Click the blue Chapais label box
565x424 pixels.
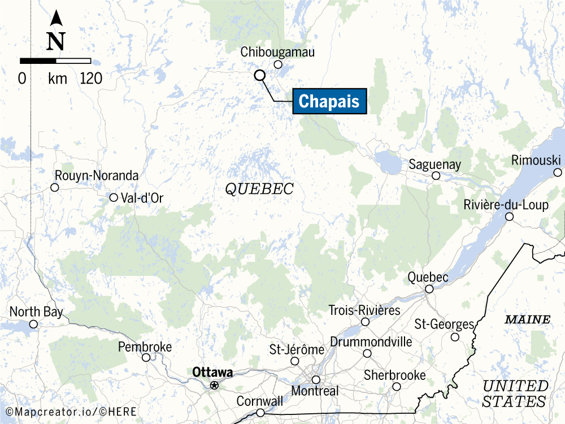click(x=329, y=101)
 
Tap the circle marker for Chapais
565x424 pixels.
click(x=259, y=75)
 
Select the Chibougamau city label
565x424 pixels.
click(x=277, y=52)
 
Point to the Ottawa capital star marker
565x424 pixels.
click(x=214, y=385)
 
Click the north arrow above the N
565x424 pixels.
click(x=56, y=19)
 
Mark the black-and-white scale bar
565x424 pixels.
click(x=55, y=60)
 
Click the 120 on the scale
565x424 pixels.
click(x=91, y=79)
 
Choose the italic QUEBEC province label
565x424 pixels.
click(x=259, y=189)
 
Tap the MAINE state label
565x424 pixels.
click(x=527, y=320)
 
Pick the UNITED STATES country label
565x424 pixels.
click(x=515, y=394)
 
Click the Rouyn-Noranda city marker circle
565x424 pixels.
click(x=55, y=187)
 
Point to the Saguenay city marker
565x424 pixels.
click(x=436, y=176)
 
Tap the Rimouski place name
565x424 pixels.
click(x=536, y=161)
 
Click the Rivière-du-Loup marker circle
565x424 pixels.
click(x=509, y=217)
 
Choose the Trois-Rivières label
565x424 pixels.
click(x=364, y=310)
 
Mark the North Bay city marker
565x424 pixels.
click(x=33, y=324)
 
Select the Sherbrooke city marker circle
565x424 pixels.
click(x=397, y=387)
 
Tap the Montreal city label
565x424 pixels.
click(x=315, y=391)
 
